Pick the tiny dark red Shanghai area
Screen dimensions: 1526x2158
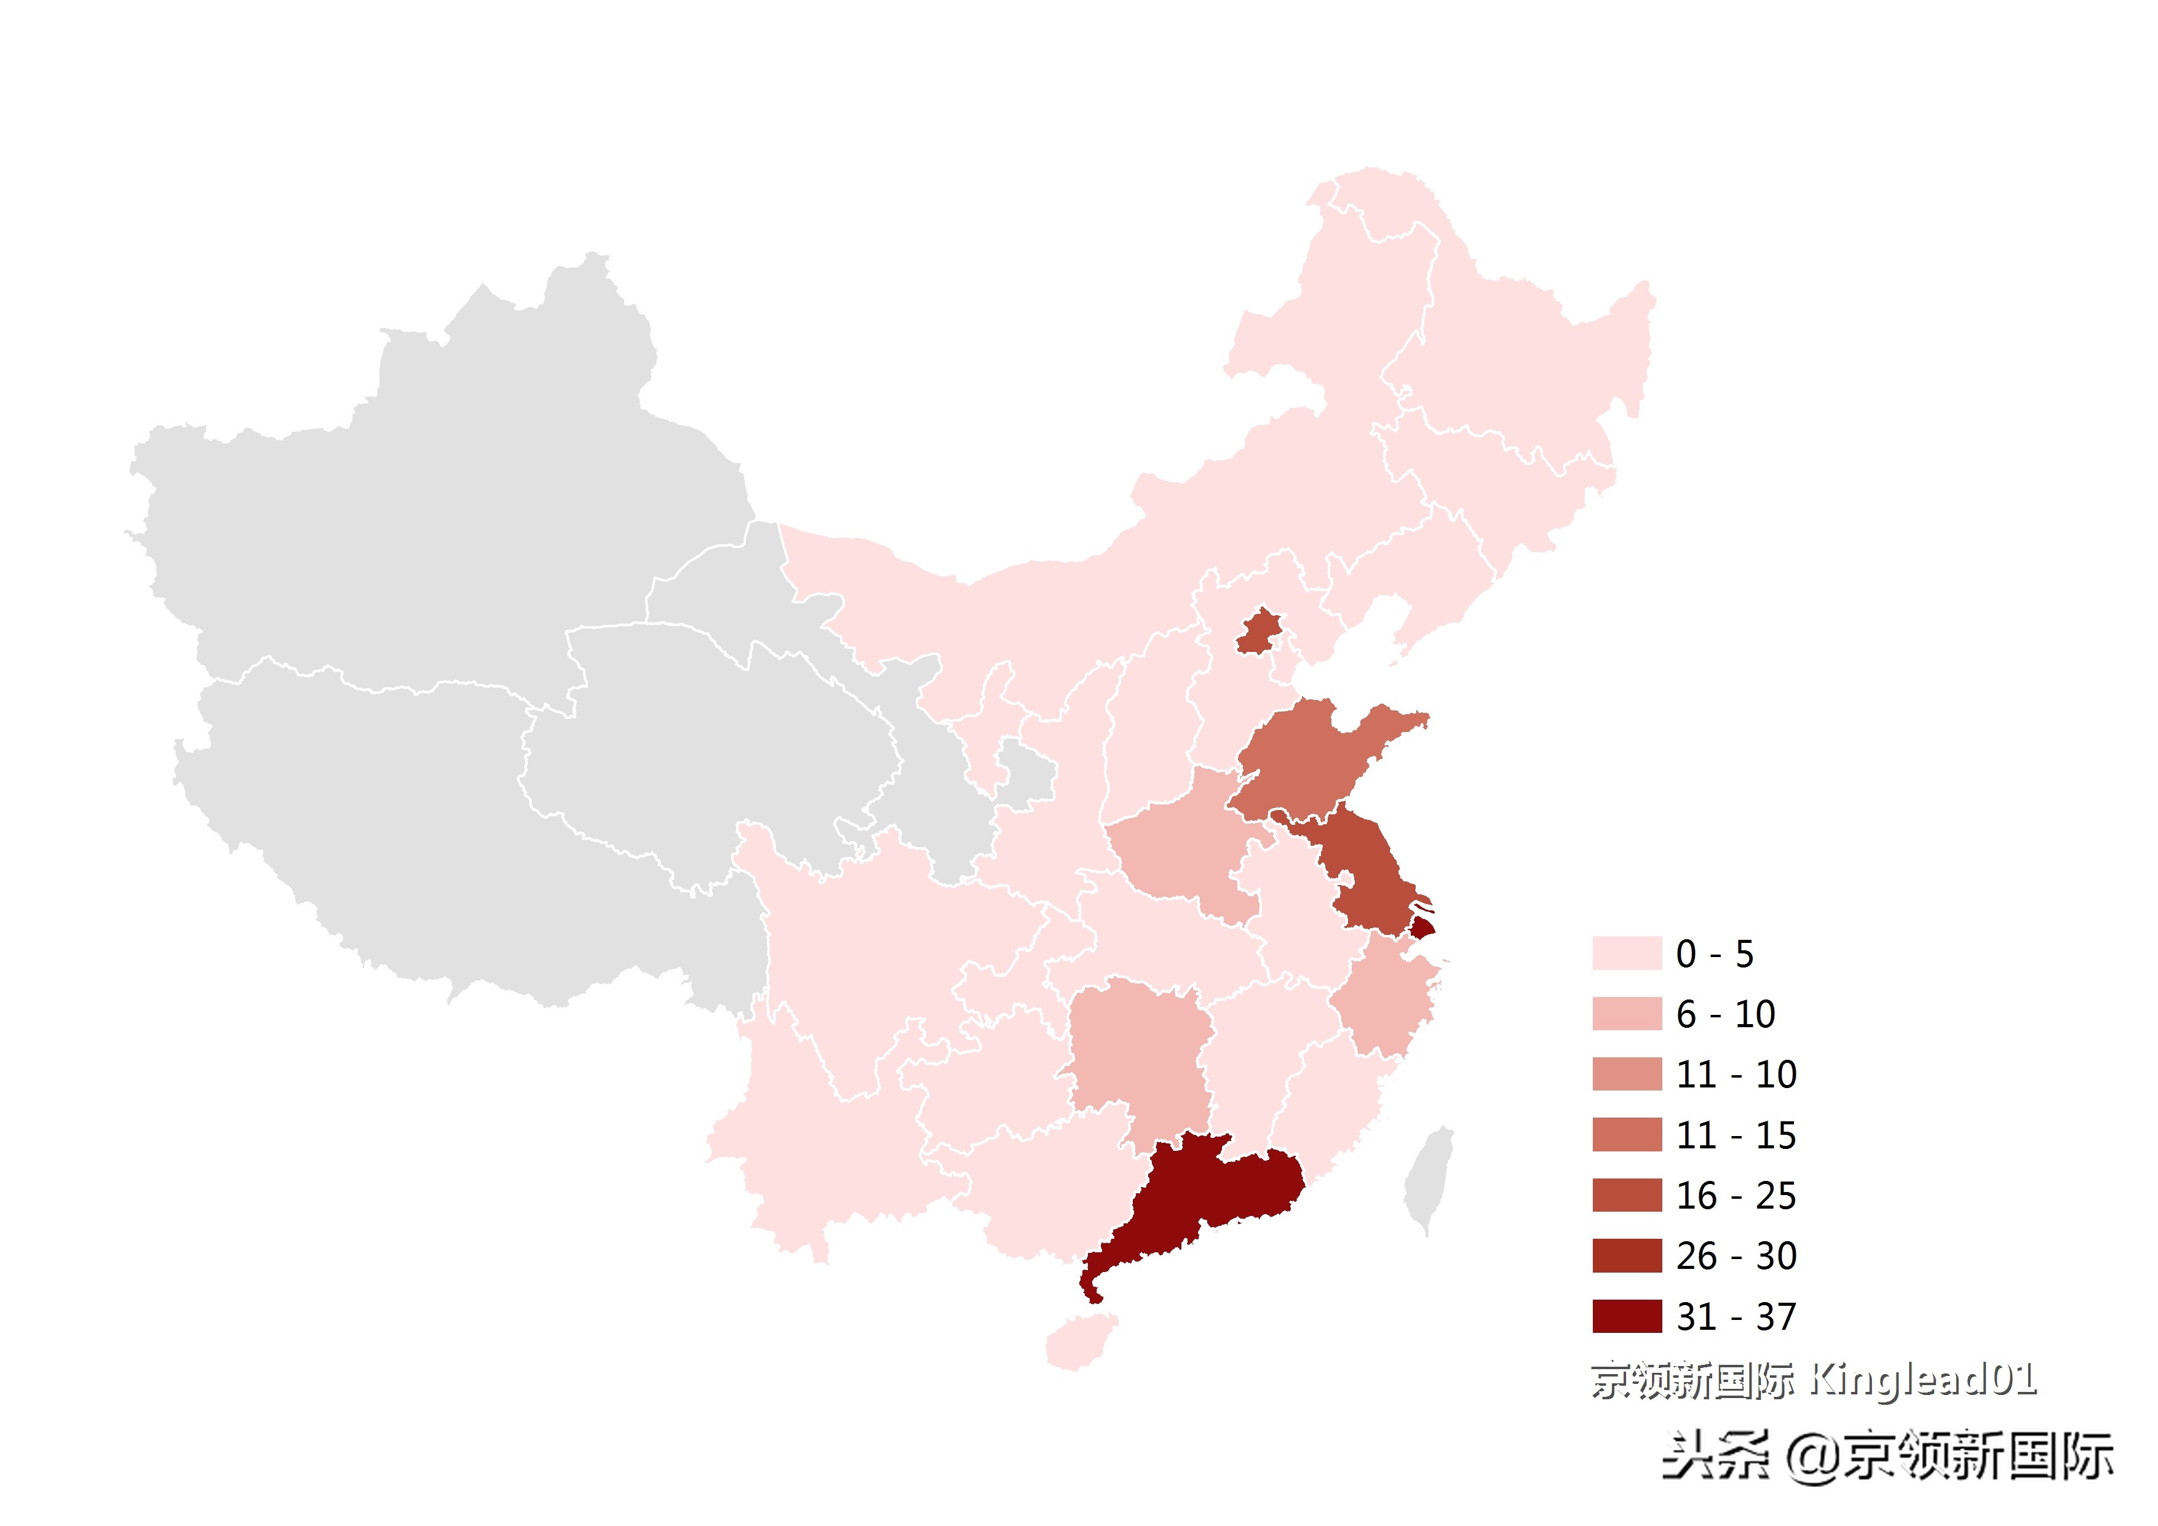1422,929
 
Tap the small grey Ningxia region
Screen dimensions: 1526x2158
1025,776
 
